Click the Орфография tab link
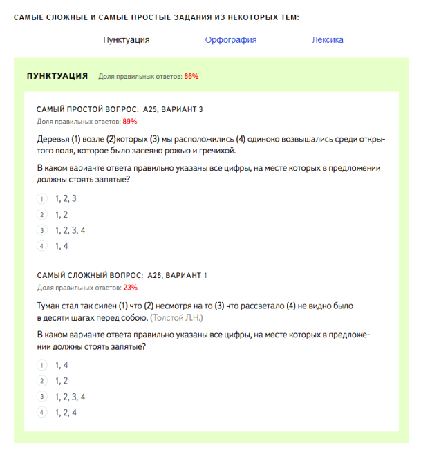(230, 39)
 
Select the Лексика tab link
(327, 39)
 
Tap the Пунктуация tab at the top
(127, 39)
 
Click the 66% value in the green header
(191, 77)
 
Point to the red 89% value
(130, 122)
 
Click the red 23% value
(130, 288)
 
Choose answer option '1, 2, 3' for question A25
(66, 198)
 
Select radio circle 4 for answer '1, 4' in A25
(41, 246)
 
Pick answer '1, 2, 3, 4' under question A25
(70, 230)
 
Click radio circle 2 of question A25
(41, 214)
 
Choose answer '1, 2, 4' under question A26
(66, 413)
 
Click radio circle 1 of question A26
(41, 365)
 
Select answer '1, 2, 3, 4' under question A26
(70, 397)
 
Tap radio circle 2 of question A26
(41, 381)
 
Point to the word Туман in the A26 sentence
(49, 305)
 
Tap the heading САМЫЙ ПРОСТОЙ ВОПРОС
(86, 110)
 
